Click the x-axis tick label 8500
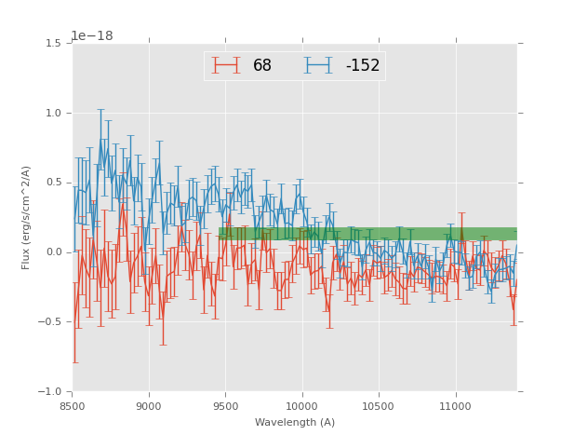(x=73, y=405)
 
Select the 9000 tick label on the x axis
(x=149, y=405)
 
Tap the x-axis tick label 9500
(x=225, y=405)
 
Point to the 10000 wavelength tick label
(x=302, y=405)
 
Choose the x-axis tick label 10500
(x=379, y=405)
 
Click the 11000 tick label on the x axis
(x=455, y=405)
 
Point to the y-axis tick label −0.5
(x=53, y=322)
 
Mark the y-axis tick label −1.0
(x=53, y=391)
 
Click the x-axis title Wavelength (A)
(x=295, y=422)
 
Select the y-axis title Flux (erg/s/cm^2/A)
(x=26, y=217)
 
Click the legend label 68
(x=262, y=66)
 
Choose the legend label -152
(x=363, y=66)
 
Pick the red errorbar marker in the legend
(x=226, y=65)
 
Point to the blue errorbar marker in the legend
(x=318, y=65)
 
